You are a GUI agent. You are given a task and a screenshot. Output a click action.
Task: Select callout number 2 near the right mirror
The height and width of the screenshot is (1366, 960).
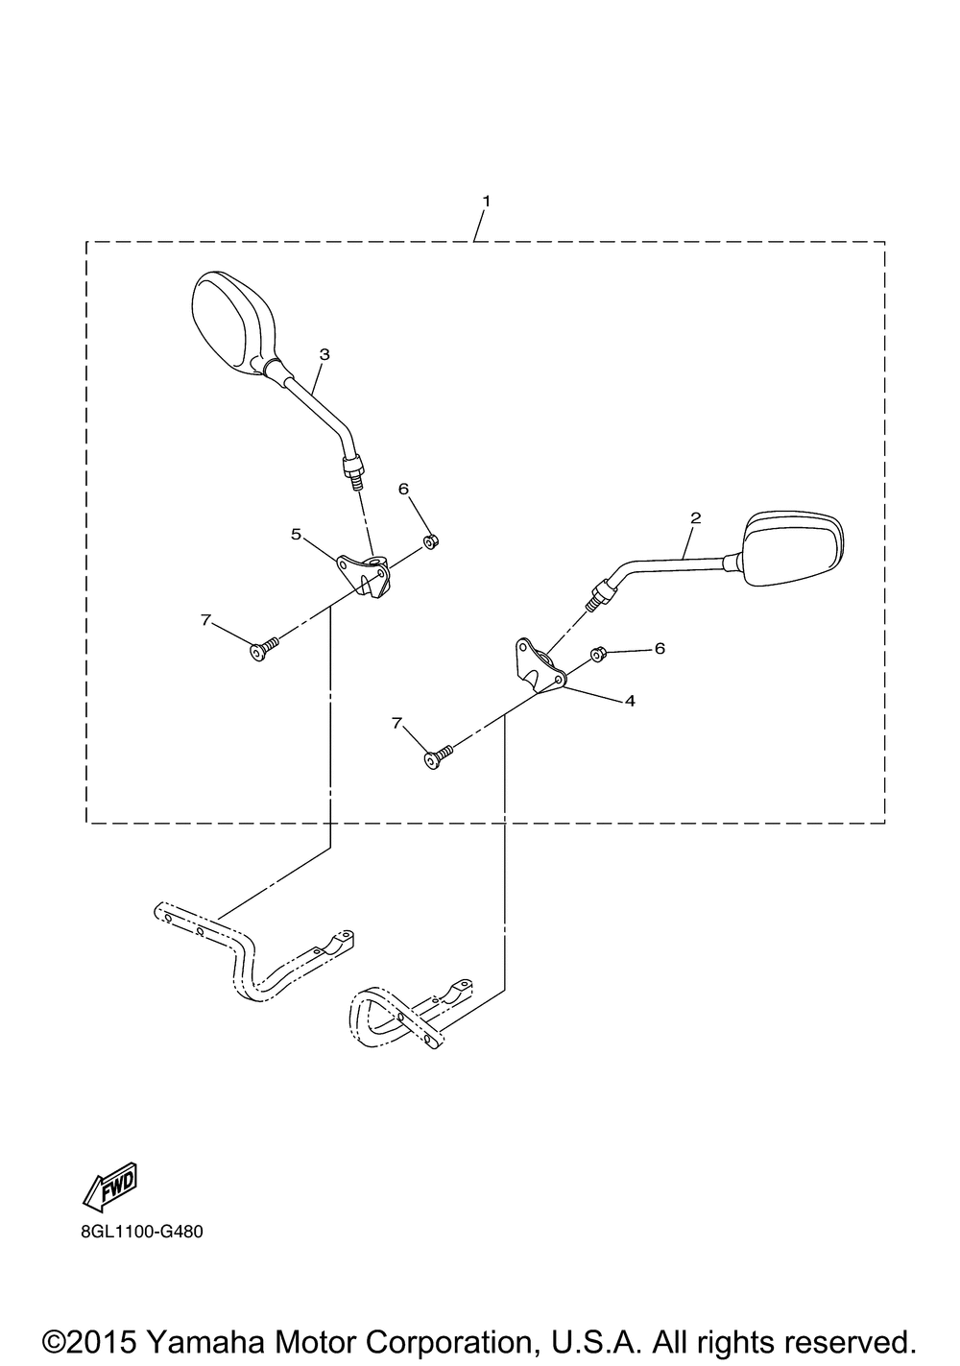tap(696, 517)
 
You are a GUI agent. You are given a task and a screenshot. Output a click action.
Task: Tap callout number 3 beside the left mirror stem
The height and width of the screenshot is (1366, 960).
tap(324, 354)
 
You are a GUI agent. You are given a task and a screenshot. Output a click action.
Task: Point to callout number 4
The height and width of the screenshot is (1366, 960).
tap(630, 701)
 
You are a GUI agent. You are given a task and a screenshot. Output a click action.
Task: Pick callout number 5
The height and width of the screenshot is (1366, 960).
tap(297, 533)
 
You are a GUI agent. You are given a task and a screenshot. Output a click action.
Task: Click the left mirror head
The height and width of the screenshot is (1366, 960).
tap(231, 319)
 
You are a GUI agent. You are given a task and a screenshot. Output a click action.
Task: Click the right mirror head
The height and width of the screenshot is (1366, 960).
tap(791, 547)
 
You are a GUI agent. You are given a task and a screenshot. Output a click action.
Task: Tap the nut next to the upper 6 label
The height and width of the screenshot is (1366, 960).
tap(431, 542)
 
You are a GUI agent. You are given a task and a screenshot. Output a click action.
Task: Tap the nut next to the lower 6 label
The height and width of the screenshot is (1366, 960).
tap(597, 654)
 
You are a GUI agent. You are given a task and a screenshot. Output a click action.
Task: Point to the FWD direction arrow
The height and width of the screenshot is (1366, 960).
tap(111, 1184)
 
